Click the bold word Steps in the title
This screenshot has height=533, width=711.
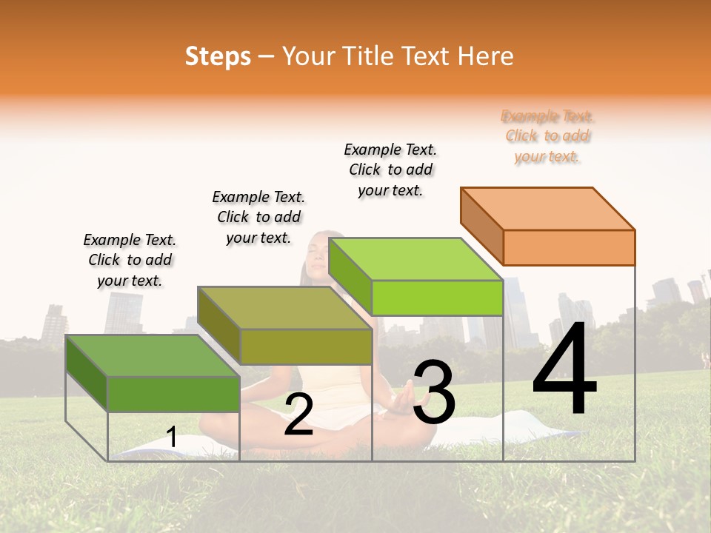pos(218,56)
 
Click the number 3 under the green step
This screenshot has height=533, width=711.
pos(434,393)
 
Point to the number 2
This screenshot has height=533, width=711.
pos(298,415)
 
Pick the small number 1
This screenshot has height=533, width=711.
pos(172,438)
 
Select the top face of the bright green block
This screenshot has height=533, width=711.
pos(415,259)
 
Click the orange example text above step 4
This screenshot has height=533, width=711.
pos(548,136)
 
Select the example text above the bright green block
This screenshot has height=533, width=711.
pos(390,170)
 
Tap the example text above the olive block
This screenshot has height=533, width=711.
pos(258,217)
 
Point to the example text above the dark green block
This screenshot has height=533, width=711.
pos(130,260)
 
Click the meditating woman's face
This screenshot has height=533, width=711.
pos(318,255)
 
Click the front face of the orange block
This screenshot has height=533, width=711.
pos(569,247)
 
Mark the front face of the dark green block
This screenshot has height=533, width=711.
pos(173,394)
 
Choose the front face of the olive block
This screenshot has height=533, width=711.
pos(306,346)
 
